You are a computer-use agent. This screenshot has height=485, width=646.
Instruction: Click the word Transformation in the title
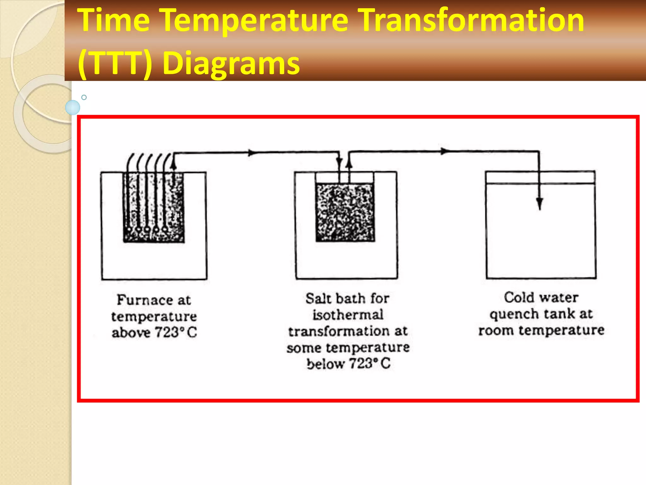pos(472,21)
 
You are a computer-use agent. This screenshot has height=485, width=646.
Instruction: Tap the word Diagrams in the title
pos(231,63)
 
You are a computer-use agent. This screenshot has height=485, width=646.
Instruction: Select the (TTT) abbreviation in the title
pos(115,63)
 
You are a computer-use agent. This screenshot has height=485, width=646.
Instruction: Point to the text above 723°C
pos(154,332)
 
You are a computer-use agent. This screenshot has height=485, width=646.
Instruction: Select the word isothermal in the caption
pos(348,315)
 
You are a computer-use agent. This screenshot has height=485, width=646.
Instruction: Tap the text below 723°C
pos(349,363)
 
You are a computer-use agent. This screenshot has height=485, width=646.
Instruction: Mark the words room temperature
pos(541,331)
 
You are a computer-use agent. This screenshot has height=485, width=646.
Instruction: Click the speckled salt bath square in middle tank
pos(345,213)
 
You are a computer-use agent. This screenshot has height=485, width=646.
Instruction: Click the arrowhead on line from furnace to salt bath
pos(251,153)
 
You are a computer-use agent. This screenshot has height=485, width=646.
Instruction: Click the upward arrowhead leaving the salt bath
pos(349,162)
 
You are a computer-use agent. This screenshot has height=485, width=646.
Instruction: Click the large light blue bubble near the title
pos(73,107)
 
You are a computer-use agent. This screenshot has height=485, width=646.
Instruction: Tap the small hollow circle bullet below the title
pos(84,97)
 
